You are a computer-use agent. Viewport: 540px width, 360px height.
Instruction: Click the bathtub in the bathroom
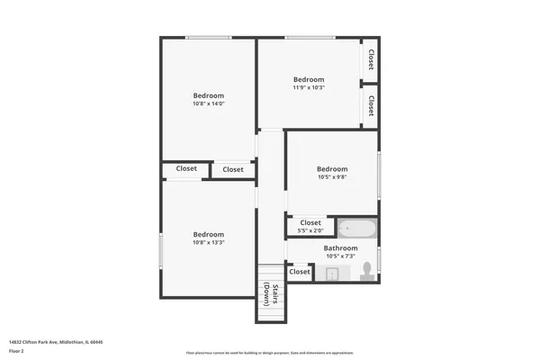tap(356, 229)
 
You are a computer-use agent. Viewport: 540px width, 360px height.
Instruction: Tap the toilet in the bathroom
tap(366, 272)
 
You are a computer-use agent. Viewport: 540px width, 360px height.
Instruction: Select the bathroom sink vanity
tap(332, 273)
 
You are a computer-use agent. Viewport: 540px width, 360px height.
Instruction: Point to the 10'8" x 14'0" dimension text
tap(208, 103)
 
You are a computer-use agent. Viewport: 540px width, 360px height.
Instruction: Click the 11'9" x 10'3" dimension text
tap(308, 87)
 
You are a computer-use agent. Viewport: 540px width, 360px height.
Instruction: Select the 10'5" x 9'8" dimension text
tap(332, 177)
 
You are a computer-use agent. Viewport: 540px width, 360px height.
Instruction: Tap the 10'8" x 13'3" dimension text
tap(208, 242)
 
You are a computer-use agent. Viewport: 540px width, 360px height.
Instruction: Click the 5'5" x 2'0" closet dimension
tap(310, 230)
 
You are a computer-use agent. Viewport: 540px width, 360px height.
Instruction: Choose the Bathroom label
tap(341, 248)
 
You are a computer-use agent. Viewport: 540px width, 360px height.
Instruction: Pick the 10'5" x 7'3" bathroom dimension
tap(341, 256)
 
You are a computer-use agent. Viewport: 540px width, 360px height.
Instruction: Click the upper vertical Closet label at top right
tap(371, 58)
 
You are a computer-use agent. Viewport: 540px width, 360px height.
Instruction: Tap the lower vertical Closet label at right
tap(371, 104)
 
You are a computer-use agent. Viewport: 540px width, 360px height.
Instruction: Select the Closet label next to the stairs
tap(300, 271)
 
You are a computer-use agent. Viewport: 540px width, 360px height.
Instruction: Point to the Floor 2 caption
tap(16, 351)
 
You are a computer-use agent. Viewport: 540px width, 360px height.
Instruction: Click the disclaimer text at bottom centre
tap(270, 353)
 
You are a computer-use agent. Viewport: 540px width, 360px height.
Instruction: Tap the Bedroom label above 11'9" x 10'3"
tap(308, 79)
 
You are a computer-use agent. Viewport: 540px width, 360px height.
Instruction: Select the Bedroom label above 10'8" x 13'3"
tap(208, 234)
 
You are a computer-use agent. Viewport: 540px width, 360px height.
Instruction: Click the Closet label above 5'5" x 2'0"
tap(310, 222)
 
